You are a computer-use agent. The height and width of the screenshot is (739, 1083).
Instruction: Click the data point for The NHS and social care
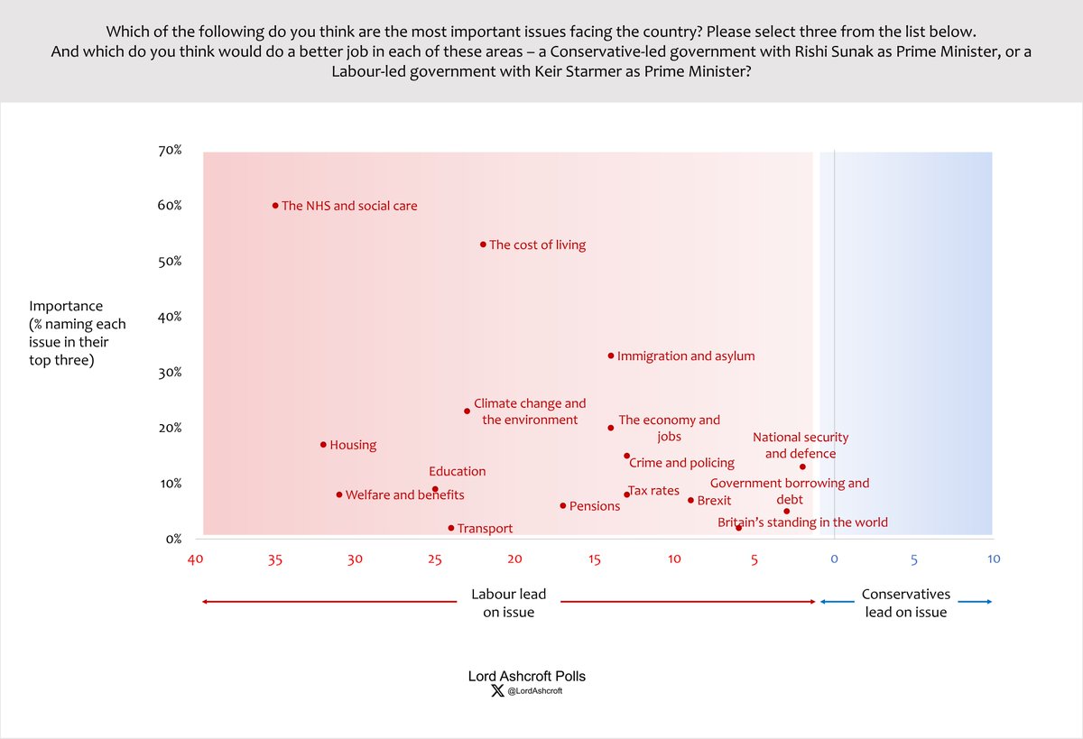275,206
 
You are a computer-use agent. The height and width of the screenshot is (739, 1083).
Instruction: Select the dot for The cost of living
483,245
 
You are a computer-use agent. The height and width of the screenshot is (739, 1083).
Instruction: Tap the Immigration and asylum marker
611,356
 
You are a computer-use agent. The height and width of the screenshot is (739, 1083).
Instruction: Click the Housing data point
323,445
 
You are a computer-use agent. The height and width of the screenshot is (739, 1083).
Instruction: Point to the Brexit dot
690,500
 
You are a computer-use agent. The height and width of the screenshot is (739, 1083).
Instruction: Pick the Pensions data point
563,506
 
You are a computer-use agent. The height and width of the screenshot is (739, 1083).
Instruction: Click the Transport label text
485,529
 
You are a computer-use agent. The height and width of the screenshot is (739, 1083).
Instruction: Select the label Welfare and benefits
404,495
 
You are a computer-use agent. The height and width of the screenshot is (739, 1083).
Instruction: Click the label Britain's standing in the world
802,522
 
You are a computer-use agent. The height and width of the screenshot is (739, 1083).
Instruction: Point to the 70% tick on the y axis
170,151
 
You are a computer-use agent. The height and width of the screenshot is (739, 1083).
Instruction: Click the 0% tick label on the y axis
172,539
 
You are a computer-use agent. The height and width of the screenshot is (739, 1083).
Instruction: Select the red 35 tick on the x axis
275,559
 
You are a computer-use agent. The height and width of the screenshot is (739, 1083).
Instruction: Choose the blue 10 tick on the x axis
993,559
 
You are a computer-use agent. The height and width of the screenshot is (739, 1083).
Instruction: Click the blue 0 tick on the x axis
834,559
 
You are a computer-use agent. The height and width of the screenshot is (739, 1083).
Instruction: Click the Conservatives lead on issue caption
905,604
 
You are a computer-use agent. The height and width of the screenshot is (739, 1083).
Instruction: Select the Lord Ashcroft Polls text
526,676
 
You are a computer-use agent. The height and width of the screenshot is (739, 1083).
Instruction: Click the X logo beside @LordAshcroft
496,691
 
